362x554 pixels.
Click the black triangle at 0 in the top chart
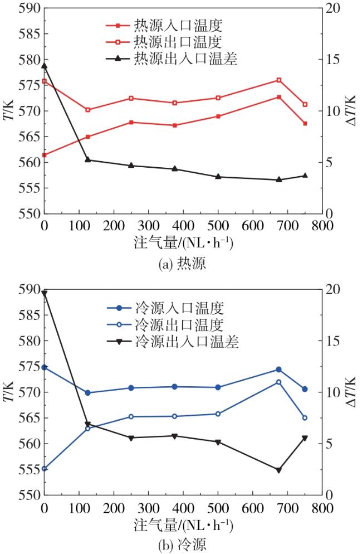44,66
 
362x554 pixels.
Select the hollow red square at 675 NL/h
279,80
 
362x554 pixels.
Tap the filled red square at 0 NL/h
44,155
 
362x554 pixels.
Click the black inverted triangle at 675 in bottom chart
279,470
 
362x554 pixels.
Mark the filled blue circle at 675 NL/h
279,370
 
